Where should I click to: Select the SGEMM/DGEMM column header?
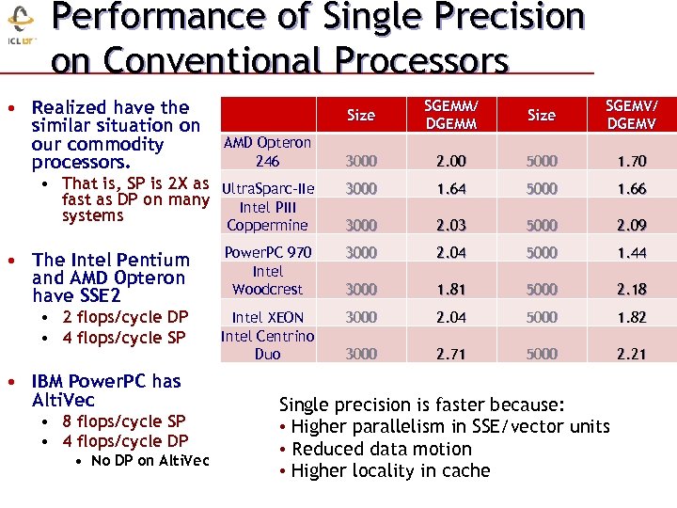click(450, 115)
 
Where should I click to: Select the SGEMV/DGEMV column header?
click(631, 115)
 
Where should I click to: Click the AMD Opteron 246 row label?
click(267, 151)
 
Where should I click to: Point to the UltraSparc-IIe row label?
click(267, 189)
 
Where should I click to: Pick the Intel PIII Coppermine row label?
click(267, 216)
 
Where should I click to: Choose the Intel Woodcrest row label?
click(267, 279)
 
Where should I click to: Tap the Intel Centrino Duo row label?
click(267, 344)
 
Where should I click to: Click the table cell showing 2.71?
click(450, 354)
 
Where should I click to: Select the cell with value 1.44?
click(631, 253)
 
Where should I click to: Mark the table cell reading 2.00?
click(450, 161)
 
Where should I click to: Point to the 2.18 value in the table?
click(631, 290)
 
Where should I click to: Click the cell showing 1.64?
click(450, 189)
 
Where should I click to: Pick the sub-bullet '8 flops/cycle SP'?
click(123, 421)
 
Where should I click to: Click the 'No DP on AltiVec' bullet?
click(150, 460)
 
